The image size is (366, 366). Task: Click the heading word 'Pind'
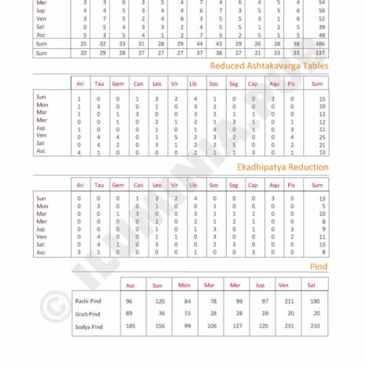pos(320,268)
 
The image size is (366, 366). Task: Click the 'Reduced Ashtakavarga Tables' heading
pos(275,66)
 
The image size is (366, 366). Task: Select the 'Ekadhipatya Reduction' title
pos(283,167)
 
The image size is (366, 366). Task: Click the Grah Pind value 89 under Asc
pos(129,313)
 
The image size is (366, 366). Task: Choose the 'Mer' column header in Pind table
pos(237,285)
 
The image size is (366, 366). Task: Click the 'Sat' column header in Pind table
pos(314,285)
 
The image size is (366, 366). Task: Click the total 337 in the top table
pos(320,54)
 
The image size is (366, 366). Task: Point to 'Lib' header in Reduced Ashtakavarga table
pos(194,83)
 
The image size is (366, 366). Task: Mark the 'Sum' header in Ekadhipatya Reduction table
pos(319,184)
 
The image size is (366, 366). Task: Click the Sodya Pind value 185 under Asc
pos(129,326)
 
